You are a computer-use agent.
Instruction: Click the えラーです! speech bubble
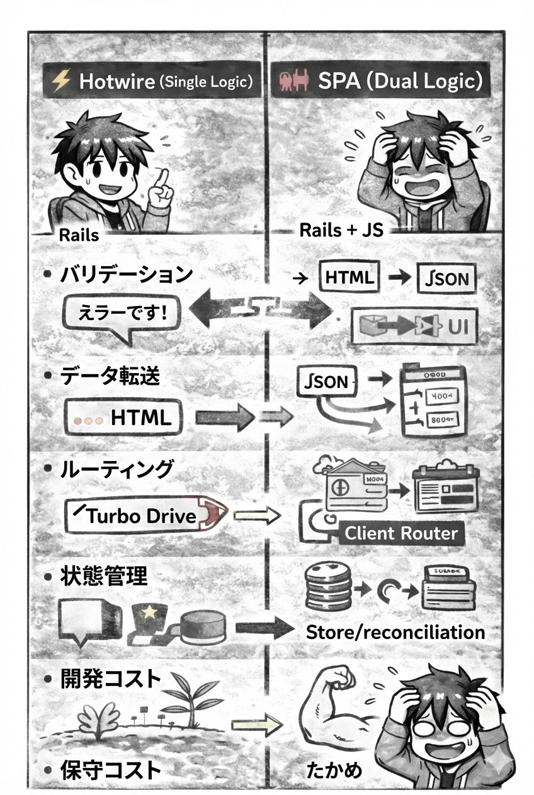point(121,313)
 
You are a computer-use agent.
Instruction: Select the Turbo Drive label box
point(142,515)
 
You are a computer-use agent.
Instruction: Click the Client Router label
point(401,534)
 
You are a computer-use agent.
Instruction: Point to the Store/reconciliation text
point(395,632)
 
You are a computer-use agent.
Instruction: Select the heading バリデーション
point(126,274)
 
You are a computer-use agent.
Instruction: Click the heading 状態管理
point(104,575)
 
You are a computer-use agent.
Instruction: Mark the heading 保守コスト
point(111,770)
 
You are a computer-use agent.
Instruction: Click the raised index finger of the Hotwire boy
point(161,174)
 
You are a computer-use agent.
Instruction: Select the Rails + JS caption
point(341,230)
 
